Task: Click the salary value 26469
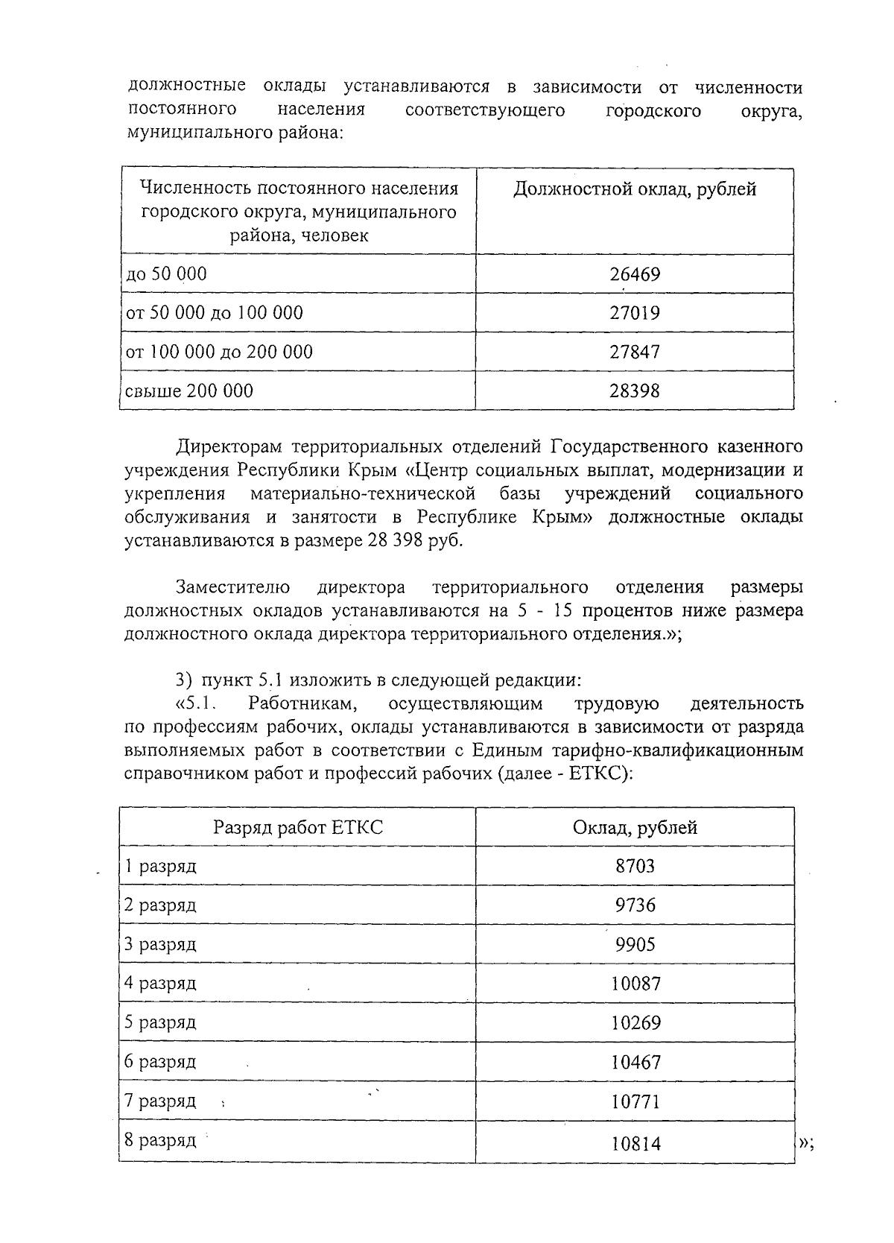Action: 635,274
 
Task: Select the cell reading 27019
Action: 635,312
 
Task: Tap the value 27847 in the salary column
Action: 635,352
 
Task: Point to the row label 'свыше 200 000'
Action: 189,390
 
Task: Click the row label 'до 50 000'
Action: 166,274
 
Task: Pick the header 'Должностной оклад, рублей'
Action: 635,189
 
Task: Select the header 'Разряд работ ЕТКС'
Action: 298,827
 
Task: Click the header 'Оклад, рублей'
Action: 635,827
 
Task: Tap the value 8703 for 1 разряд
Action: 635,866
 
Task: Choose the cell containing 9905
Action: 635,945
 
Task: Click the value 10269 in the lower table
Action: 635,1023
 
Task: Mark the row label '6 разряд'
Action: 160,1061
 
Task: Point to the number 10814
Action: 635,1143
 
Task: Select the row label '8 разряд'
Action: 160,1140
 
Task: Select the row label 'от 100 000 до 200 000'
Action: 219,352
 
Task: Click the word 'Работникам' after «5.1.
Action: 305,703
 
